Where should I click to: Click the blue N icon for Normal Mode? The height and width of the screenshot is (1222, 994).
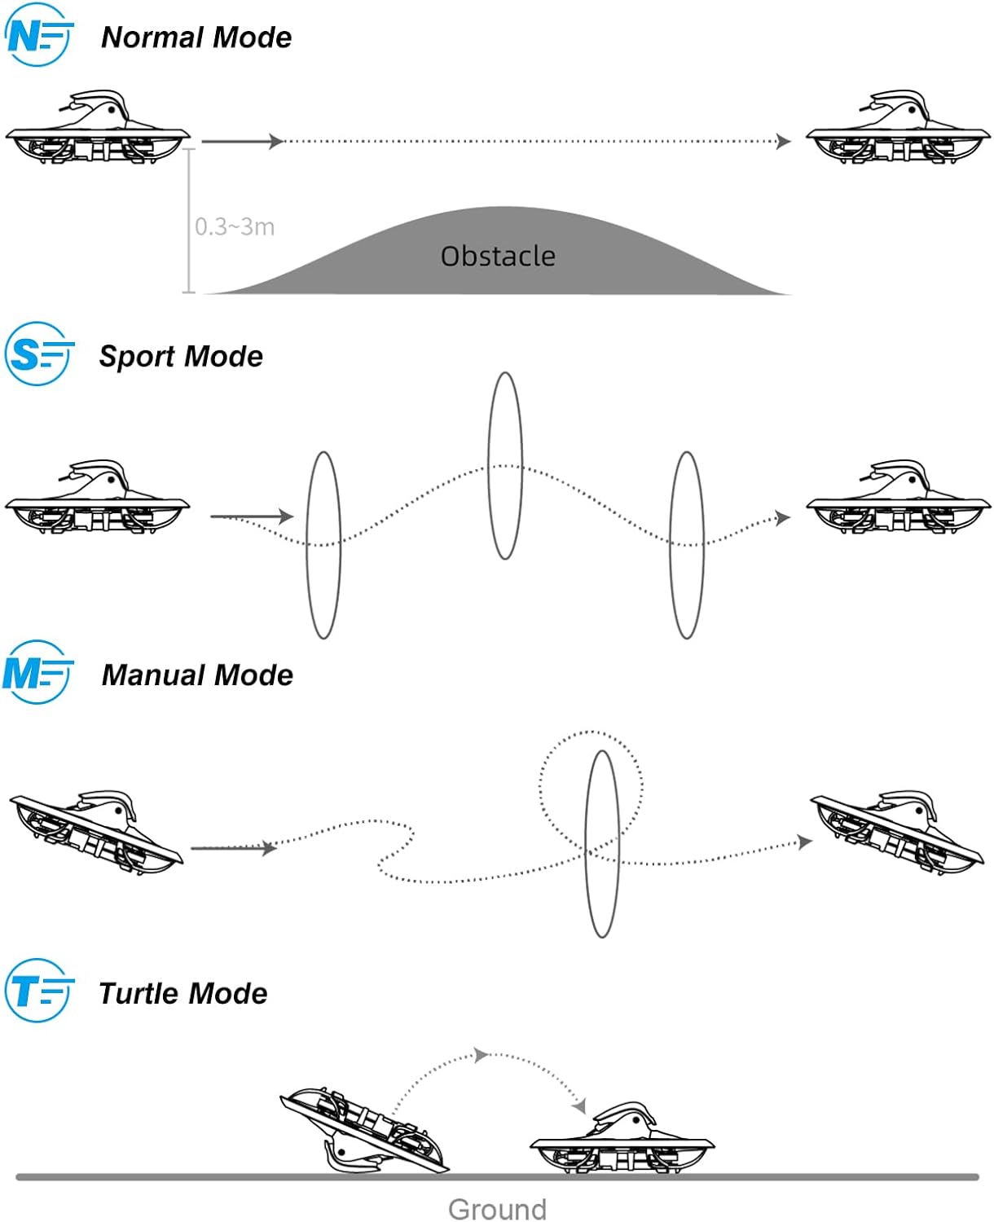click(37, 35)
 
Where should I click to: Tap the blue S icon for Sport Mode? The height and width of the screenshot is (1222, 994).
click(37, 354)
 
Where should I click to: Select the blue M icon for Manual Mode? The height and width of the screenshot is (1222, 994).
click(37, 673)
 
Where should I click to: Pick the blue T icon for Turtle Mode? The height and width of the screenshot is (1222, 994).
click(37, 991)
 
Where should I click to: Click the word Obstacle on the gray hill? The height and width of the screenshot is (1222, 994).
click(498, 257)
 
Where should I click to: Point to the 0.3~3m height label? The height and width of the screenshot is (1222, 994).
click(235, 226)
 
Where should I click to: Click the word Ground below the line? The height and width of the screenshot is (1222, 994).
click(497, 1209)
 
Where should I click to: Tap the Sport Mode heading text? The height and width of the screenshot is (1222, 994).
click(181, 356)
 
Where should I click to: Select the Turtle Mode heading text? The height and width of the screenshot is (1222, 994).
click(183, 993)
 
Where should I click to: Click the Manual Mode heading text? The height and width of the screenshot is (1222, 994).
click(197, 675)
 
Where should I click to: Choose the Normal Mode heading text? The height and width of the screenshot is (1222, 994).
click(196, 37)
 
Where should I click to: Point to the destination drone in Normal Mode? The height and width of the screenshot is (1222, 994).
click(898, 128)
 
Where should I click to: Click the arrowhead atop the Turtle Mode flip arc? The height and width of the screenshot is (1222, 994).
click(481, 1055)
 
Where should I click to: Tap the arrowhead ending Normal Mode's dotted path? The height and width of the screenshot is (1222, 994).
click(784, 142)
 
